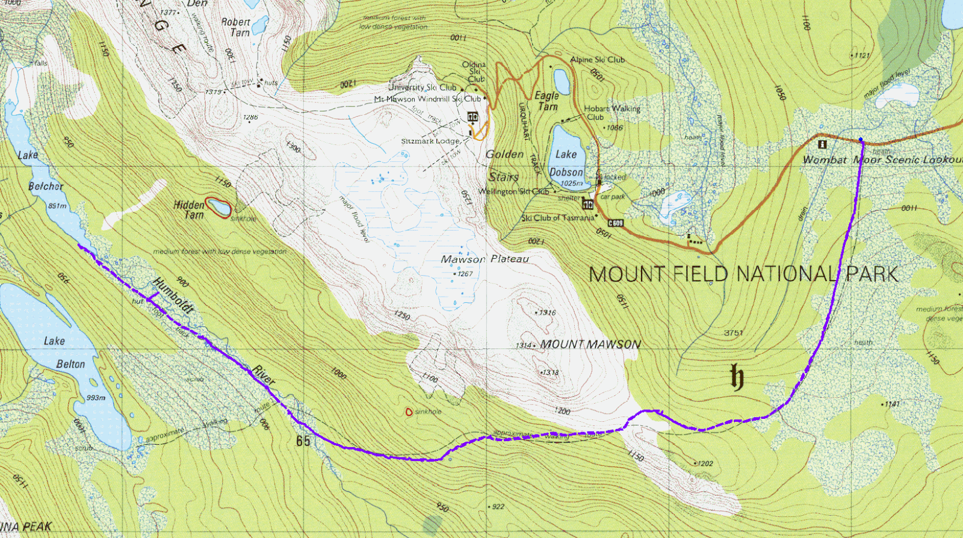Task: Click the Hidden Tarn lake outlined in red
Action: (217, 208)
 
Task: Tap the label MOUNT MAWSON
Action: (590, 344)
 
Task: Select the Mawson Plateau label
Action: (485, 259)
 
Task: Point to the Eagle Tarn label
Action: (547, 101)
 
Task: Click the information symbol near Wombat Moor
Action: (822, 144)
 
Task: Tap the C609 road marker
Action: (615, 223)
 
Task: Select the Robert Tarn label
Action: (236, 27)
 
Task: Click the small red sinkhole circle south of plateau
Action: (409, 412)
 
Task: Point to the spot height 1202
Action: (705, 463)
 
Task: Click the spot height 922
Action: (498, 507)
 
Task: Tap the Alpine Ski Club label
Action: (597, 60)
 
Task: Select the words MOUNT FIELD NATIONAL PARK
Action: (743, 274)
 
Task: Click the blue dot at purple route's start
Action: (861, 140)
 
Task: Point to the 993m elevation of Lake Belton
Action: (96, 398)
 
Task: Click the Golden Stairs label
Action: (504, 165)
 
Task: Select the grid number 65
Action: (303, 441)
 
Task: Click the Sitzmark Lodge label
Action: (430, 141)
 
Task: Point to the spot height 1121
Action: (862, 55)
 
